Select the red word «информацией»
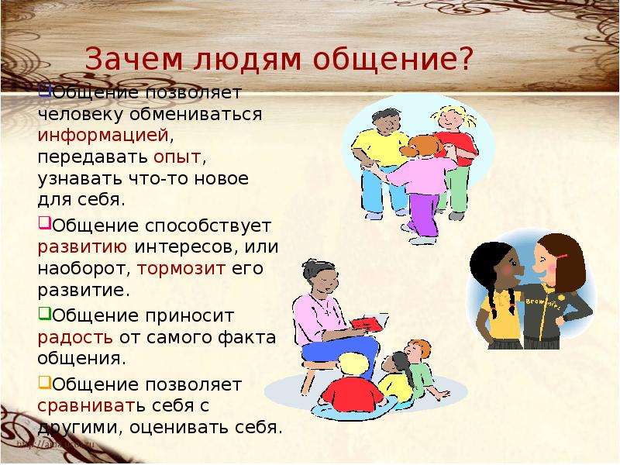pyautogui.click(x=103, y=136)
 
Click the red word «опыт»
pyautogui.click(x=177, y=158)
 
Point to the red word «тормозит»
pyautogui.click(x=181, y=269)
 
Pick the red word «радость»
pyautogui.click(x=75, y=338)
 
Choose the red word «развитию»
pyautogui.click(x=82, y=247)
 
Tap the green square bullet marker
pyautogui.click(x=45, y=314)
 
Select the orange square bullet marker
pyautogui.click(x=45, y=382)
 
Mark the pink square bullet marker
pyautogui.click(x=45, y=222)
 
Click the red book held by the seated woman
pyautogui.click(x=367, y=323)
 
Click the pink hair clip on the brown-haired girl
pyautogui.click(x=561, y=257)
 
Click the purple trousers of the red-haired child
pyautogui.click(x=424, y=214)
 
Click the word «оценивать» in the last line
pyautogui.click(x=179, y=428)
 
